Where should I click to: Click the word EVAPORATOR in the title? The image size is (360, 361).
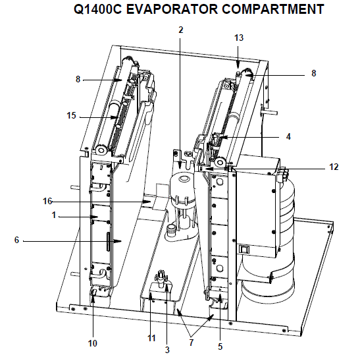click(172, 9)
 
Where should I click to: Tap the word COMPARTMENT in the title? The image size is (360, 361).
click(273, 9)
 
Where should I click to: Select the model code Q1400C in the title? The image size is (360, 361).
click(98, 9)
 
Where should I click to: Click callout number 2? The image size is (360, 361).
click(180, 30)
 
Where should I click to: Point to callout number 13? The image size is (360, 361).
click(239, 38)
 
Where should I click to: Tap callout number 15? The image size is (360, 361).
click(71, 115)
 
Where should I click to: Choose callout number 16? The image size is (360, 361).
click(47, 201)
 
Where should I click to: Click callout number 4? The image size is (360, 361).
click(288, 136)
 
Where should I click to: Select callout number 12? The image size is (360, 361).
click(334, 167)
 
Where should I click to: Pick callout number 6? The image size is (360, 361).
click(16, 240)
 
